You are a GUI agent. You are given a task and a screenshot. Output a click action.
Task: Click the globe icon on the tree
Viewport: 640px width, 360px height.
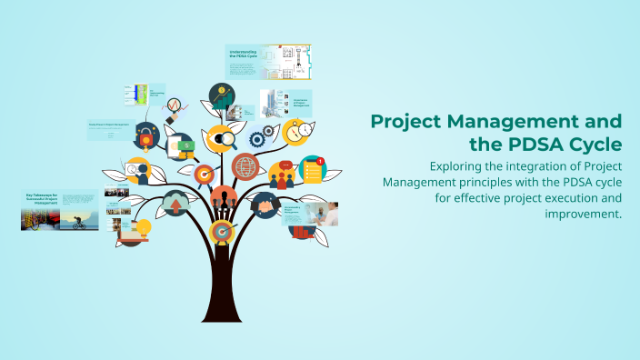coord(245,166)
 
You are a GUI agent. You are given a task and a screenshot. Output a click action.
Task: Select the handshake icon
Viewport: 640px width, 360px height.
coord(265,205)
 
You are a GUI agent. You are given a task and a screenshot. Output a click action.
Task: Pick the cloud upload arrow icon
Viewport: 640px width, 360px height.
coord(175,205)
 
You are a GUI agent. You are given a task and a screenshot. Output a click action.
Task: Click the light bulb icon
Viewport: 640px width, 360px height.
coord(142,227)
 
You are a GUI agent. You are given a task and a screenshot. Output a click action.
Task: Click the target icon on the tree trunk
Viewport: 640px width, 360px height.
coord(221,233)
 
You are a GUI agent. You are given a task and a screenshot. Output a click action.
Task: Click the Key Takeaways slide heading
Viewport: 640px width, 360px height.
coord(40,198)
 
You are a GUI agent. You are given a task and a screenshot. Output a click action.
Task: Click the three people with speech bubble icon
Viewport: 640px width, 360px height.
coord(281,174)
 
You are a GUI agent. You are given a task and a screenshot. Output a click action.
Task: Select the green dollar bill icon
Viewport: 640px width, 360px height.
coord(186,145)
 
